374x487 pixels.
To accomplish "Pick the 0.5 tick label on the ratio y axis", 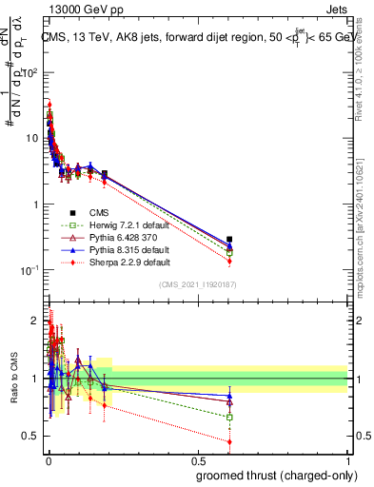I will (x=31, y=437).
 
